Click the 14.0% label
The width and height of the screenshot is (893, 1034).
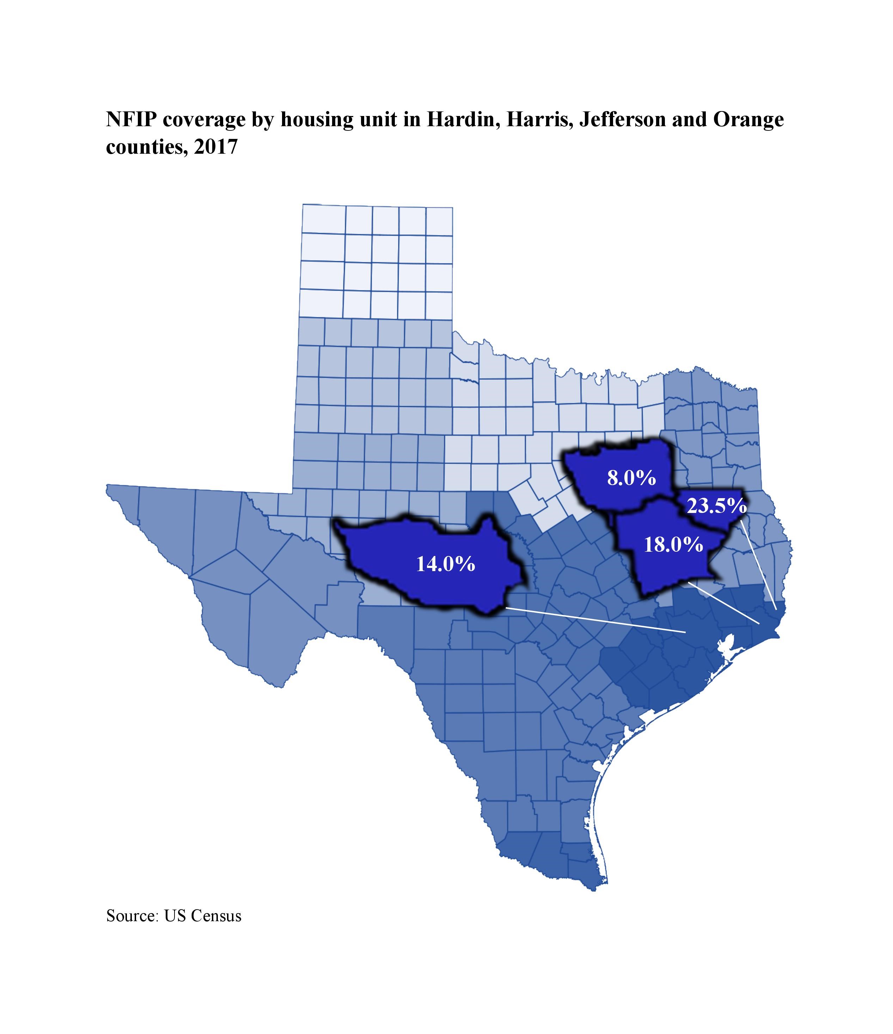pyautogui.click(x=445, y=564)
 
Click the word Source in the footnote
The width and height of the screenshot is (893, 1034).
pyautogui.click(x=131, y=916)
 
